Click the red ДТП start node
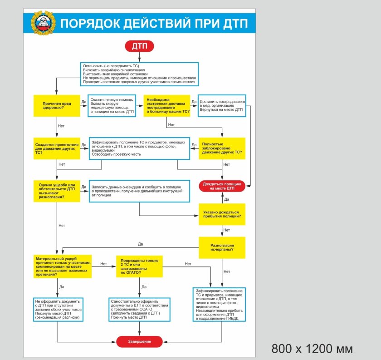click(x=139, y=46)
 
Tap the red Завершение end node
click(x=139, y=341)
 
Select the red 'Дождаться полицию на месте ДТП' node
click(x=222, y=186)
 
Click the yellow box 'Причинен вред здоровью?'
click(x=57, y=106)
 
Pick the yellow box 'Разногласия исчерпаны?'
click(x=222, y=247)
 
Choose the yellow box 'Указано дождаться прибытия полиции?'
click(x=222, y=215)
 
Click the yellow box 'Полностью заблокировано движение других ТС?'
click(x=222, y=148)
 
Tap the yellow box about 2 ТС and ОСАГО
click(x=139, y=266)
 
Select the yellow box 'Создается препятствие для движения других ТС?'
click(x=57, y=148)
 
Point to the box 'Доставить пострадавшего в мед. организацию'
click(x=222, y=105)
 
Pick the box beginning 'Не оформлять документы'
click(x=57, y=310)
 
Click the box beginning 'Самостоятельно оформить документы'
click(x=140, y=310)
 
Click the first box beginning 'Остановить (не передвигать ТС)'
click(x=139, y=74)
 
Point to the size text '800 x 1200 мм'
click(x=312, y=348)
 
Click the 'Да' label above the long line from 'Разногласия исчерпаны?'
click(x=141, y=244)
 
